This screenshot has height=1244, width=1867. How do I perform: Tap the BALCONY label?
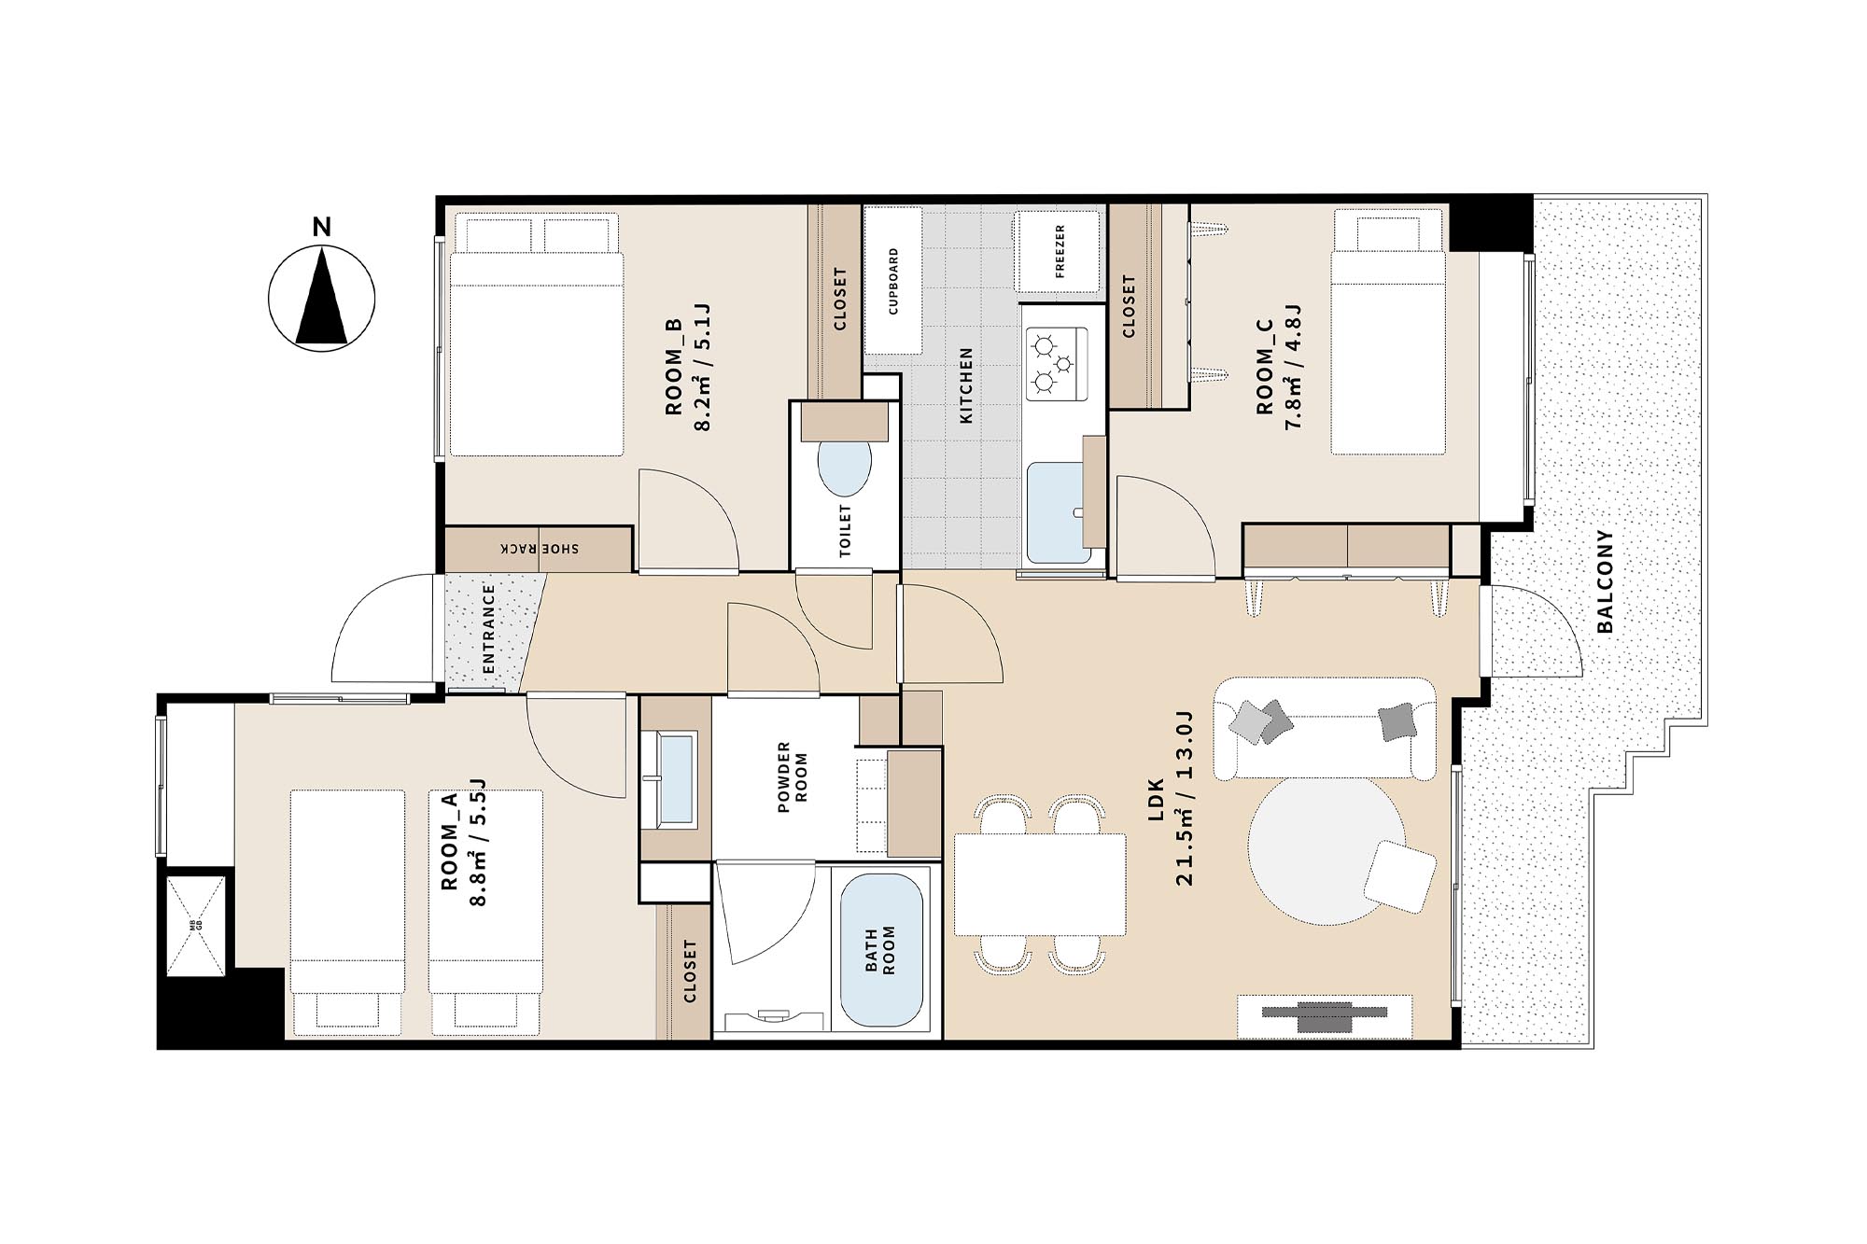[1605, 581]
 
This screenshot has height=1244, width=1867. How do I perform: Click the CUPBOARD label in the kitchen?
[893, 281]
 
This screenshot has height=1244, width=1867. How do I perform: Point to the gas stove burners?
[1056, 363]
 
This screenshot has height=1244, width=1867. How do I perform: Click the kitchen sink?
[1059, 512]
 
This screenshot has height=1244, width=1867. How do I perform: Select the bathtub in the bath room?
[882, 950]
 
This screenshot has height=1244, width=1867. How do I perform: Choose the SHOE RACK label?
[540, 549]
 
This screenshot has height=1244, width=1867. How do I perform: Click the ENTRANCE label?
[489, 629]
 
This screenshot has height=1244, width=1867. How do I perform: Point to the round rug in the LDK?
[1327, 850]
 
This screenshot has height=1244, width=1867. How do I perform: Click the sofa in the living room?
[1324, 728]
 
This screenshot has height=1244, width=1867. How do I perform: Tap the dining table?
[1040, 884]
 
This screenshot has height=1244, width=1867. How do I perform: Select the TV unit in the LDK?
[1325, 1016]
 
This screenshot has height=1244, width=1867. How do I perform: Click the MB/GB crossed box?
[196, 926]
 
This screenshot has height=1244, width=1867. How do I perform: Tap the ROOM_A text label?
[449, 842]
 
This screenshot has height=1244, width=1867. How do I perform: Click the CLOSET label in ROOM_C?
[1129, 306]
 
